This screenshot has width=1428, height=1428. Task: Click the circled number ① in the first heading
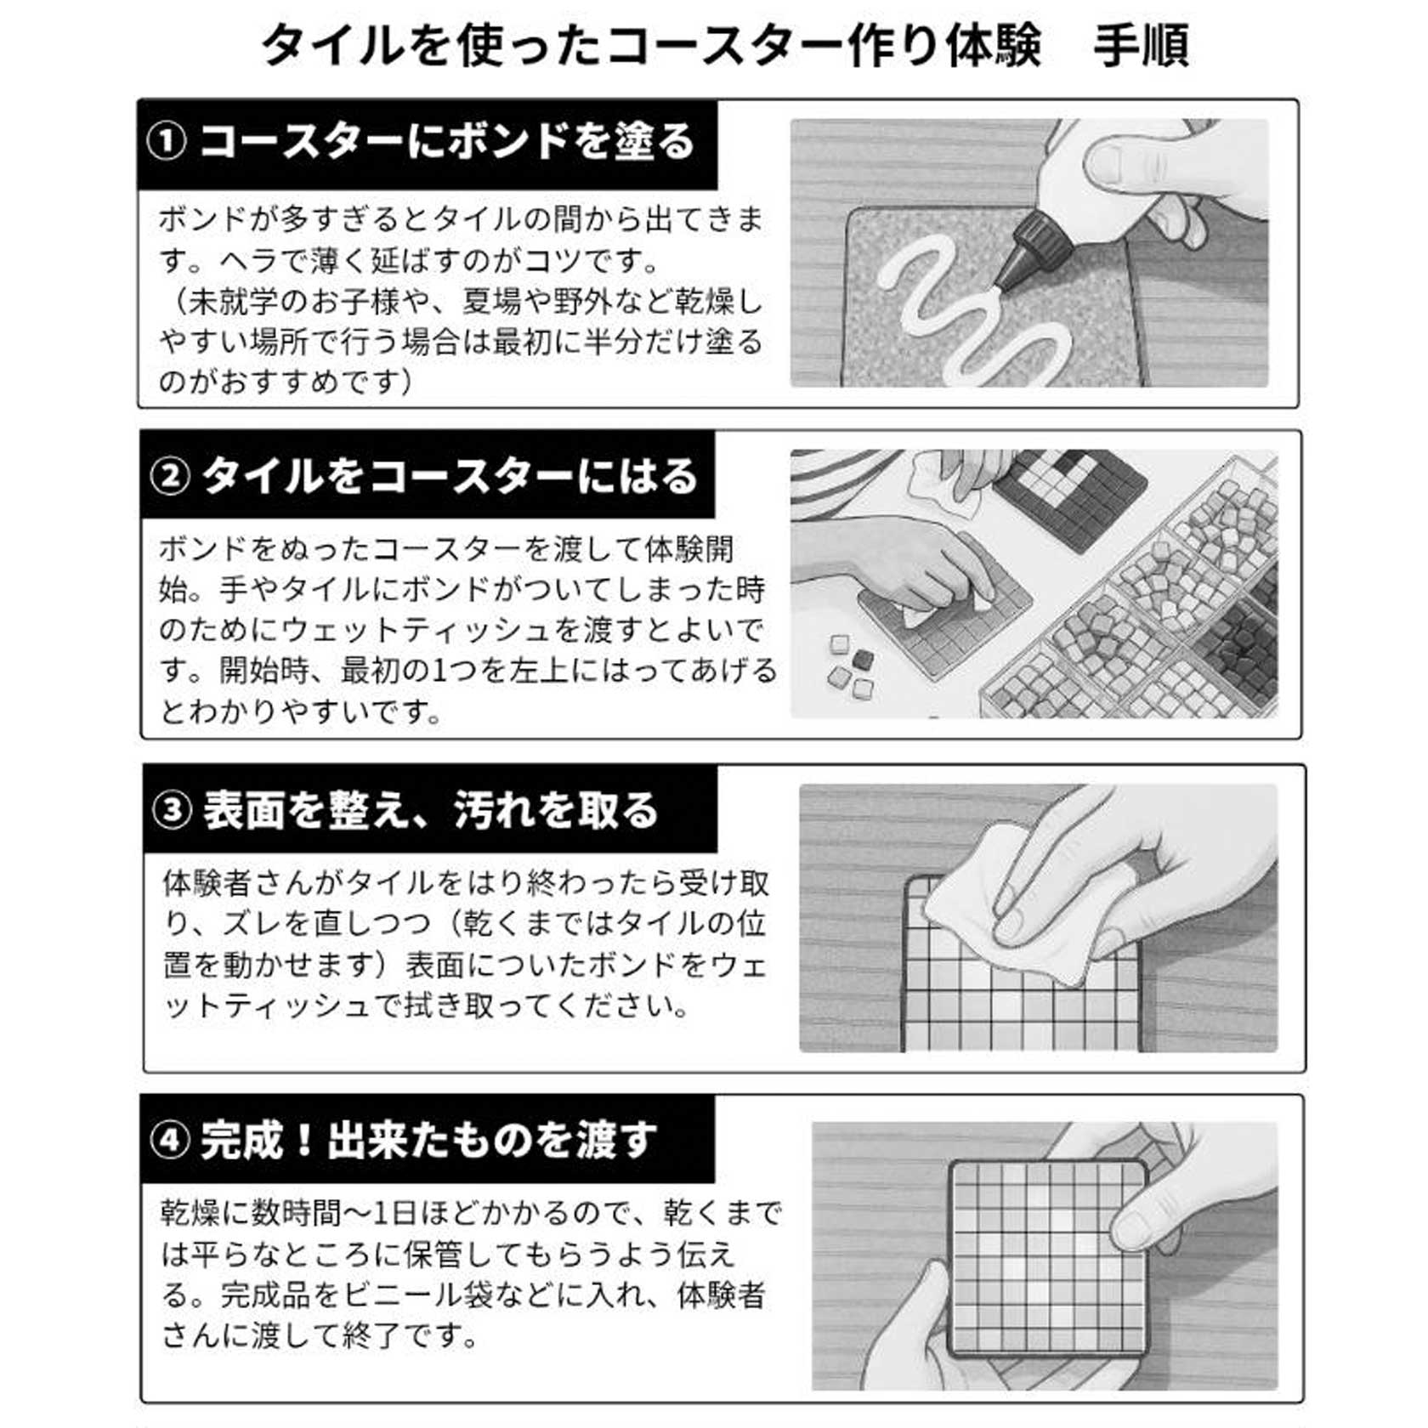(x=167, y=142)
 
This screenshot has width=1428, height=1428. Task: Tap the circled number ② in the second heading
(x=170, y=476)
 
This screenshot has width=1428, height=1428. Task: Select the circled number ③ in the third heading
(x=173, y=810)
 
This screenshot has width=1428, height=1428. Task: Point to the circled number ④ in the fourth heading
(x=170, y=1140)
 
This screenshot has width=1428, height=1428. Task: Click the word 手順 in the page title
(x=1141, y=45)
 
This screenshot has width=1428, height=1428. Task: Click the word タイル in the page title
(x=333, y=45)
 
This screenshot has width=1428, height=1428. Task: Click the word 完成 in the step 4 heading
(x=241, y=1140)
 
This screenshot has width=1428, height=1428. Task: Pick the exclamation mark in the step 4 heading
(x=304, y=1140)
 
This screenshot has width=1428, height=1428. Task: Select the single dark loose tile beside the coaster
(x=862, y=660)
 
